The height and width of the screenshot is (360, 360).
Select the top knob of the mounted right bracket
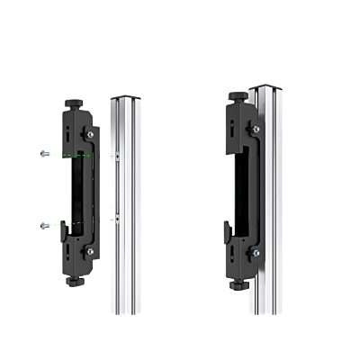pyautogui.click(x=238, y=94)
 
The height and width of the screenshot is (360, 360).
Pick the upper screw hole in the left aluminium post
pyautogui.click(x=118, y=155)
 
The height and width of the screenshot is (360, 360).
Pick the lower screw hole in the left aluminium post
pyautogui.click(x=118, y=218)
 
